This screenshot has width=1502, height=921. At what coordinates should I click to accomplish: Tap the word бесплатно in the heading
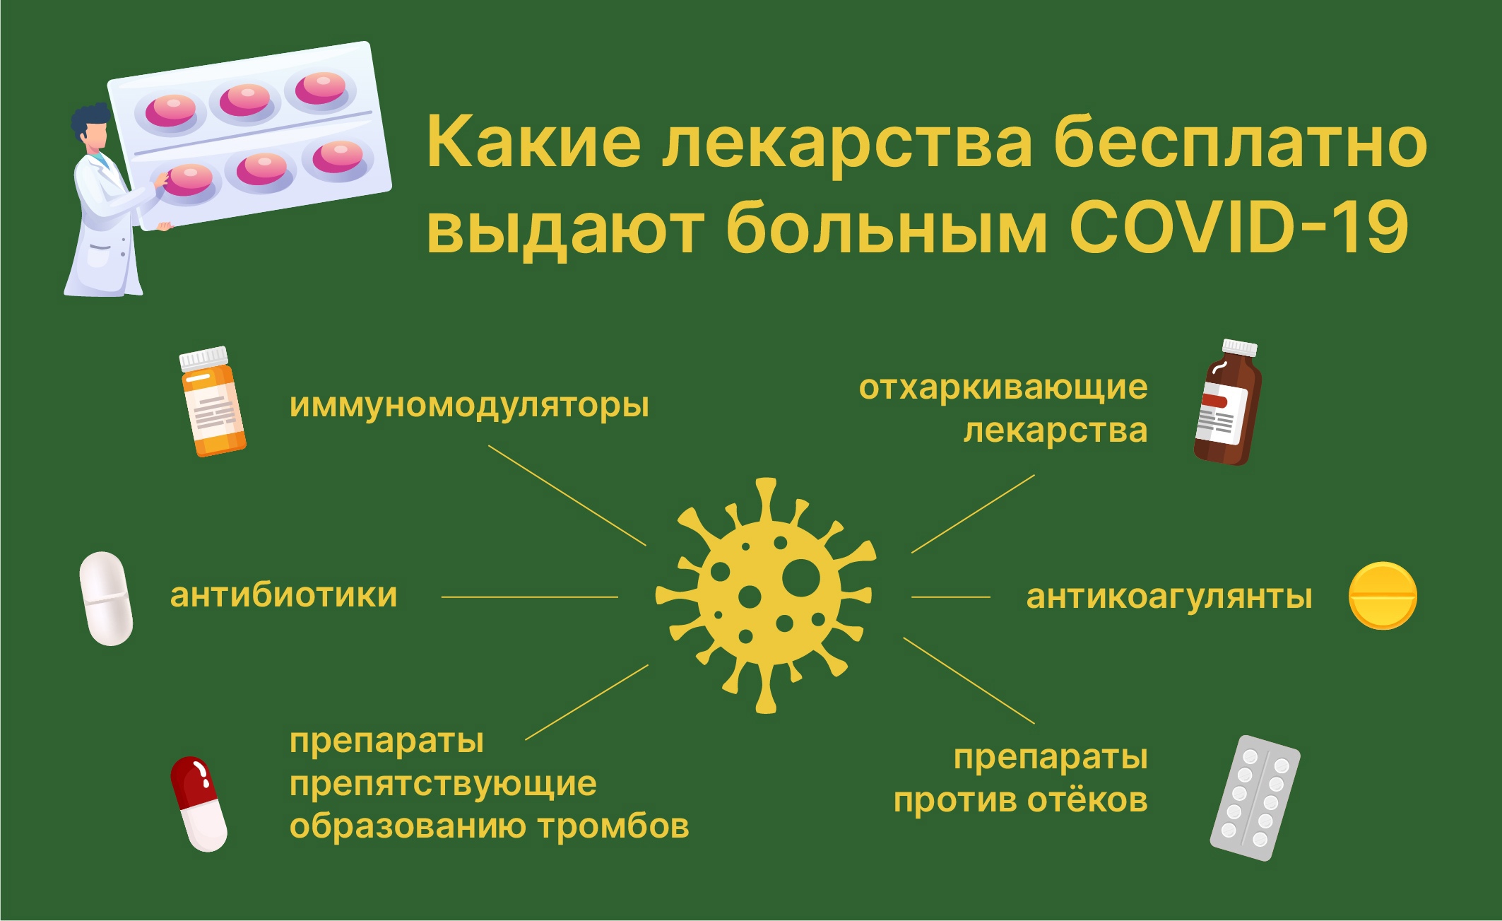[1241, 142]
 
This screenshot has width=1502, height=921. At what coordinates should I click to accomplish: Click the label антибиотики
[283, 595]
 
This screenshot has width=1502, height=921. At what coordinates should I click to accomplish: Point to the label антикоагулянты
[1169, 597]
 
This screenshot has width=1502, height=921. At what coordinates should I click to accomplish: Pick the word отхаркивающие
[1003, 388]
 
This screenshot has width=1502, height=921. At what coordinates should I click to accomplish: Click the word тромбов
[613, 826]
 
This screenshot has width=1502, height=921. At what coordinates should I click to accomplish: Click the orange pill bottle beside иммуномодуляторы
[212, 401]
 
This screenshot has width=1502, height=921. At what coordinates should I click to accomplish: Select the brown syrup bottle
[1228, 402]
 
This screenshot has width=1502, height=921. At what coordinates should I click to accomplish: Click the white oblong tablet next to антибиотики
[106, 599]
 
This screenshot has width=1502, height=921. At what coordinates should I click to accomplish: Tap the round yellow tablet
[1383, 596]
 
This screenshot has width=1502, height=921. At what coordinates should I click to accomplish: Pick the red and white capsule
[199, 804]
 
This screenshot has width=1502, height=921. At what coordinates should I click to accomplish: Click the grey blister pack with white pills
[1255, 798]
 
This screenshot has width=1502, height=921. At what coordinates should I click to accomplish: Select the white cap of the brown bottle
[1240, 347]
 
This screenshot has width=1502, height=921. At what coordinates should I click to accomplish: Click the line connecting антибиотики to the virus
[530, 597]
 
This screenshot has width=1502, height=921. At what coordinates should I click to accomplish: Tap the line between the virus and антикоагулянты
[951, 597]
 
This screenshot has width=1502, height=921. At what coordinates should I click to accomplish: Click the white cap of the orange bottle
[203, 358]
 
